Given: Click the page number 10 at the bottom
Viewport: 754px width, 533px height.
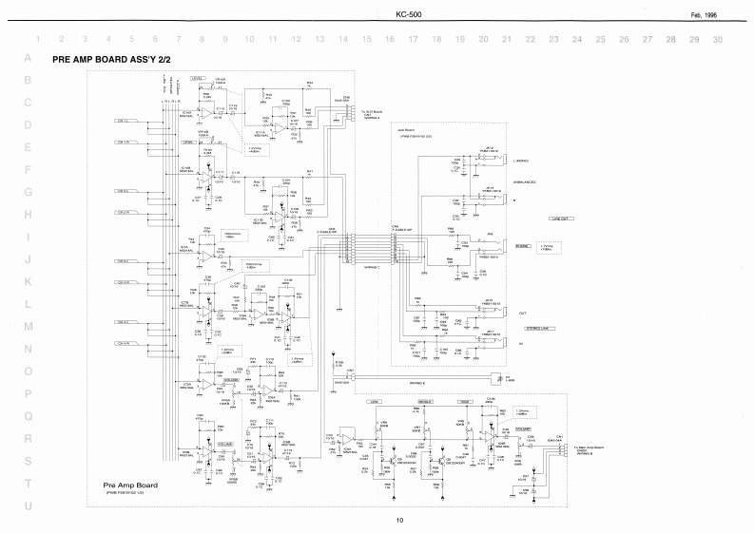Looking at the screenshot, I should [400, 519].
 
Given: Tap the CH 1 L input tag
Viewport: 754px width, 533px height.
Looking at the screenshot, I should [124, 122].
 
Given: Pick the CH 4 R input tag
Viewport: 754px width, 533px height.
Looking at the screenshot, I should [124, 344].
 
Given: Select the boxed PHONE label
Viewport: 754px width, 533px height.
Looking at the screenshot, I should [522, 246].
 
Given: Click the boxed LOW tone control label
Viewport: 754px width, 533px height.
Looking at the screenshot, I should [375, 403].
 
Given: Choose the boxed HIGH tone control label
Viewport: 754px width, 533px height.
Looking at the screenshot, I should [466, 403].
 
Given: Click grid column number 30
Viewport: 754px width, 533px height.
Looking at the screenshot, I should [717, 40].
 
